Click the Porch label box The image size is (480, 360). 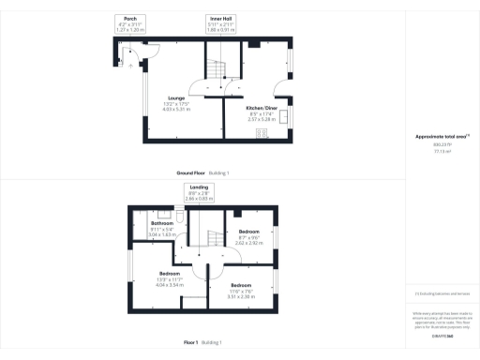click(x=132, y=22)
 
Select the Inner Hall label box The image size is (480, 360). click(x=221, y=22)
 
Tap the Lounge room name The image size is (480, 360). click(x=175, y=97)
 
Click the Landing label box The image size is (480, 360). click(x=199, y=192)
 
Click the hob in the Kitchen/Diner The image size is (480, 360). click(x=262, y=133)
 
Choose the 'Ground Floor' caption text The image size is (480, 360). click(x=190, y=173)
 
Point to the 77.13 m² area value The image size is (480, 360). click(x=440, y=150)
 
